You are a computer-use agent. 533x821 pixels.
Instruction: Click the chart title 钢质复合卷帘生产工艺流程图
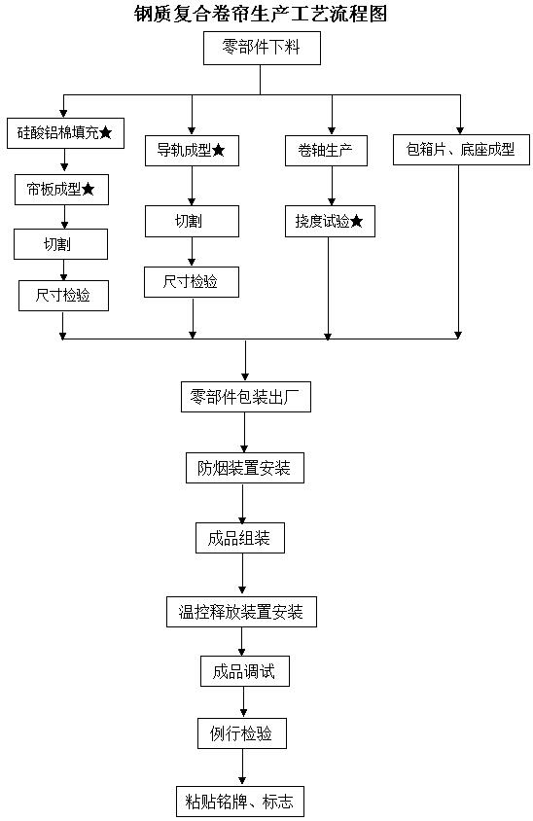point(261,15)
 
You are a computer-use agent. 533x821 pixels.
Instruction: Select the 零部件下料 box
point(262,49)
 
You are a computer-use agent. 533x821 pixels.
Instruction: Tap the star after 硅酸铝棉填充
point(105,132)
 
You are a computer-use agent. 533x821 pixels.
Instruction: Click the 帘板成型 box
point(61,190)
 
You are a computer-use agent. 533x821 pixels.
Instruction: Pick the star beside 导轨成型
point(218,151)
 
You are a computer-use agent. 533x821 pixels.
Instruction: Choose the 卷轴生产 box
point(326,151)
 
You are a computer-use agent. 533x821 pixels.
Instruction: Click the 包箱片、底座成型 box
point(461,150)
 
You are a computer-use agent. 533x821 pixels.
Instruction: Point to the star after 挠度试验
point(357,222)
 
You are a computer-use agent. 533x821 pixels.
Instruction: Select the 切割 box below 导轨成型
point(192,222)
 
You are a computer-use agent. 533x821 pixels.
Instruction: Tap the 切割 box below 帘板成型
point(60,244)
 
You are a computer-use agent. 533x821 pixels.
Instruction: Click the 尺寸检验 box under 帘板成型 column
point(63,296)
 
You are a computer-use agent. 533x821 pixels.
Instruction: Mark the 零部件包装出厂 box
point(246,398)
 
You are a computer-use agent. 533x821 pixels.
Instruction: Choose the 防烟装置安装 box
point(245,468)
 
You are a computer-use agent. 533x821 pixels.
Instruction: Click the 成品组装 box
point(240,538)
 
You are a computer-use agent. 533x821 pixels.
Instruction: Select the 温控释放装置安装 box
point(242,612)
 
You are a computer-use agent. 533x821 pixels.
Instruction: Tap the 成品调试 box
point(245,672)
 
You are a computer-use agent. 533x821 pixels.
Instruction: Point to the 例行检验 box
point(242,733)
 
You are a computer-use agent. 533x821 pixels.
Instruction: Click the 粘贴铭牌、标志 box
point(240,802)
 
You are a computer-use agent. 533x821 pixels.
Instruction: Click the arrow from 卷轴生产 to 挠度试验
point(332,186)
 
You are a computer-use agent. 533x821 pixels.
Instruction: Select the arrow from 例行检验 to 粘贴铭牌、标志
point(242,767)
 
